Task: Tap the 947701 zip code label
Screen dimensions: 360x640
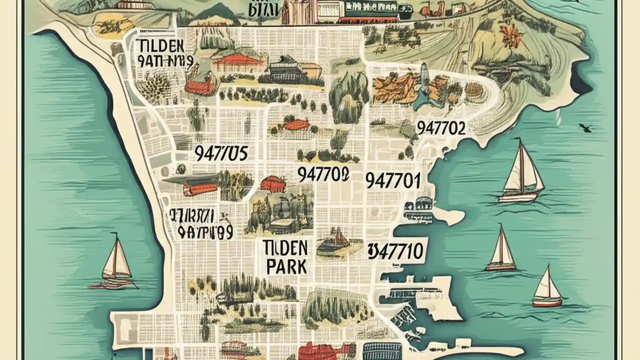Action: click(x=392, y=180)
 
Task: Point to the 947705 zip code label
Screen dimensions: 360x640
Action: click(x=220, y=153)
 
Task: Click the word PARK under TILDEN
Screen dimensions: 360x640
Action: click(x=286, y=267)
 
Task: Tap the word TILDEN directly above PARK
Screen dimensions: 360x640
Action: click(x=287, y=246)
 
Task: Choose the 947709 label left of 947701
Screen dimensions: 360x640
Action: click(x=322, y=174)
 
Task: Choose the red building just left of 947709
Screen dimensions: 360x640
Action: click(x=272, y=184)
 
